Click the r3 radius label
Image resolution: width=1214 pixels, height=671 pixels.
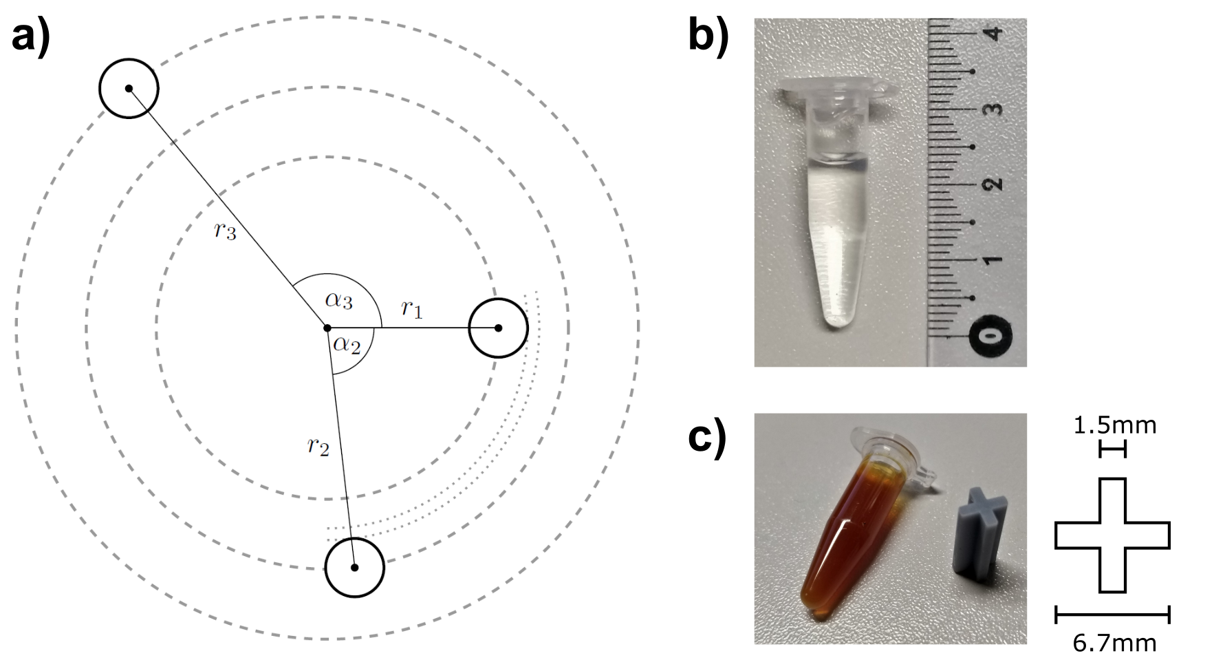(x=225, y=232)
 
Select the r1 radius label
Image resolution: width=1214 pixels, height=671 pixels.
(x=411, y=310)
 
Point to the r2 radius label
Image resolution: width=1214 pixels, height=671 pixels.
(x=318, y=447)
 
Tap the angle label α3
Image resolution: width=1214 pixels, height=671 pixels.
(x=339, y=301)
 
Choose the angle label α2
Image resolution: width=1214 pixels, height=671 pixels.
(x=347, y=344)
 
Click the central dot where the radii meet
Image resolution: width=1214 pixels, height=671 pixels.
(x=327, y=328)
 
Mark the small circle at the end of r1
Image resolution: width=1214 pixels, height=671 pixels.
(x=498, y=328)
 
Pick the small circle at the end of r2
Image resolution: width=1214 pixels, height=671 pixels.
(x=354, y=568)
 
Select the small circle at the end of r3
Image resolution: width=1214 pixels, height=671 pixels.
(x=129, y=89)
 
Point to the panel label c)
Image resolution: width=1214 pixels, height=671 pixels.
(x=707, y=438)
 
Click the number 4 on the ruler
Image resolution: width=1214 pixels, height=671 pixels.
(x=993, y=32)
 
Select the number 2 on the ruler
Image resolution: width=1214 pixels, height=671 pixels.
(x=993, y=184)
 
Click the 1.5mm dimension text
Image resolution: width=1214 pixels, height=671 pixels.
(x=1114, y=425)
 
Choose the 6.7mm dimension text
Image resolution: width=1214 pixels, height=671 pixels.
(x=1114, y=643)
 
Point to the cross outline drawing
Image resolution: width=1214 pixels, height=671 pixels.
(x=1112, y=535)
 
